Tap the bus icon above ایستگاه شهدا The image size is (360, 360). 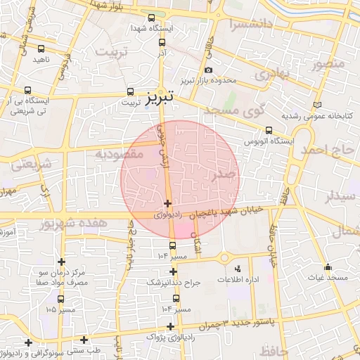coord(152,18)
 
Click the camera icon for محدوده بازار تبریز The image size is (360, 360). coord(209,70)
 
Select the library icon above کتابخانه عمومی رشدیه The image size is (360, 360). coord(321,104)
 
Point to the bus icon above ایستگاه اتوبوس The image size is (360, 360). coord(269,130)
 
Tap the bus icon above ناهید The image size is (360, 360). coord(41,49)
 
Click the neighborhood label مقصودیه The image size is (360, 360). coord(120,152)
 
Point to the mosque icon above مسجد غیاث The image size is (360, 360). coord(328,267)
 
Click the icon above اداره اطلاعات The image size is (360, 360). coord(237,267)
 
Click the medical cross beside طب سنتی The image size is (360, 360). coord(84,340)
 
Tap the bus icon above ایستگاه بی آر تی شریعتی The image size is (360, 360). coord(27,90)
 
